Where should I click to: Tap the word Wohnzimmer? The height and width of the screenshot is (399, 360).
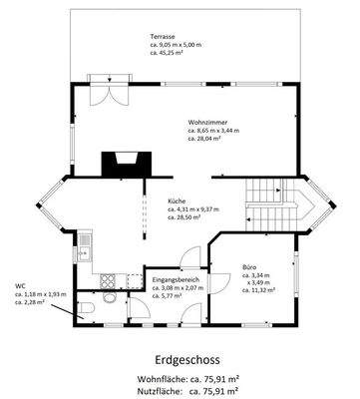click(x=206, y=122)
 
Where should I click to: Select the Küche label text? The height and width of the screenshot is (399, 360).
click(x=176, y=200)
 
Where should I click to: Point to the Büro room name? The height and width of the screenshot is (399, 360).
click(x=249, y=266)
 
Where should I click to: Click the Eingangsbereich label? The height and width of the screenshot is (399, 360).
click(x=174, y=279)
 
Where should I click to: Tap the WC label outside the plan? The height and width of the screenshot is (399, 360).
click(x=19, y=285)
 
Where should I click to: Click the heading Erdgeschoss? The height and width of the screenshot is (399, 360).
click(x=180, y=358)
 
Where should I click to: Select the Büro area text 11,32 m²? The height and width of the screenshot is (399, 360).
click(x=261, y=290)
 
